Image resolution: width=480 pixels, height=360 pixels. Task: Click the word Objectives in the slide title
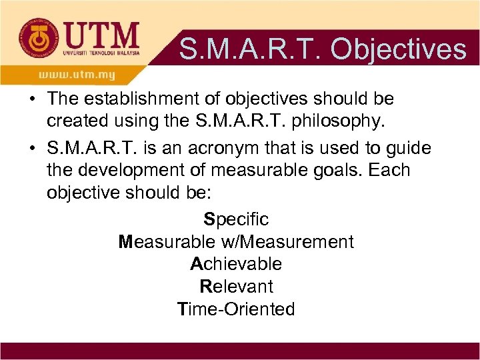pos(398,49)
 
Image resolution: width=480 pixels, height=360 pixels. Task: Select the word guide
pos(407,147)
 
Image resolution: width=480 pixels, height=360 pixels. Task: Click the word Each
pos(388,170)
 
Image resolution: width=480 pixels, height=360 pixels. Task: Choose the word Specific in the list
pos(236,219)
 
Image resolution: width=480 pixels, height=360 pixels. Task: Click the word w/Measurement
pos(291,241)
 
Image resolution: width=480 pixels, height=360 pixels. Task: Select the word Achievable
pos(236,264)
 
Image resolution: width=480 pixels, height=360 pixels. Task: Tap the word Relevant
pos(237,287)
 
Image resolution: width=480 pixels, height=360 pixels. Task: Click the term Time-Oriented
pos(236,309)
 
